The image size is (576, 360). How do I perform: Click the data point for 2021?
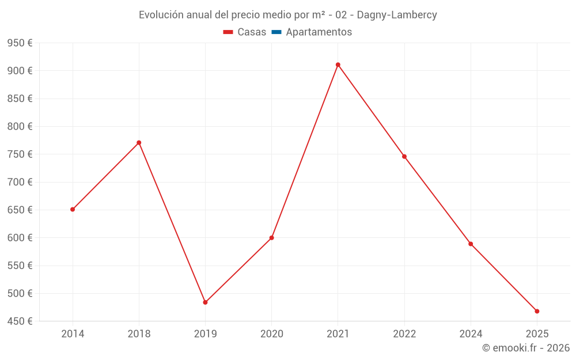tap(338, 65)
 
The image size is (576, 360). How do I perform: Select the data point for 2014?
tap(73, 209)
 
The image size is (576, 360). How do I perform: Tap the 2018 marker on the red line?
tap(139, 142)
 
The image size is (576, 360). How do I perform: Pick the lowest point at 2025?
tap(537, 311)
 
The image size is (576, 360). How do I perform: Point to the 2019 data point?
tap(205, 302)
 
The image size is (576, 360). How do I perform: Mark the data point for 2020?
tap(271, 237)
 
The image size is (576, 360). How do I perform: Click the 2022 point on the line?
tap(404, 156)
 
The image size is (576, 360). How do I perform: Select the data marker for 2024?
tap(471, 244)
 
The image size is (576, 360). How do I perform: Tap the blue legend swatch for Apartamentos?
tap(276, 32)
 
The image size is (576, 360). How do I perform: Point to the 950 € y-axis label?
tap(19, 43)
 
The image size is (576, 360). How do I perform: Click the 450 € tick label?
tap(19, 321)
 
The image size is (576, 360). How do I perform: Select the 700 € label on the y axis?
tap(19, 182)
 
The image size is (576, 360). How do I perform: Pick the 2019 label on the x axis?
tap(205, 334)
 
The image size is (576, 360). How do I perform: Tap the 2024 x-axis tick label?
tap(471, 334)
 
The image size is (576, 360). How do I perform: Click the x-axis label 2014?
tap(73, 334)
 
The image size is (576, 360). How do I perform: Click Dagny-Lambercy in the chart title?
tap(397, 15)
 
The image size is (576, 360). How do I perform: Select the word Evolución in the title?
tap(162, 15)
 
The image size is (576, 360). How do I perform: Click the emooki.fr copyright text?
tap(526, 348)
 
